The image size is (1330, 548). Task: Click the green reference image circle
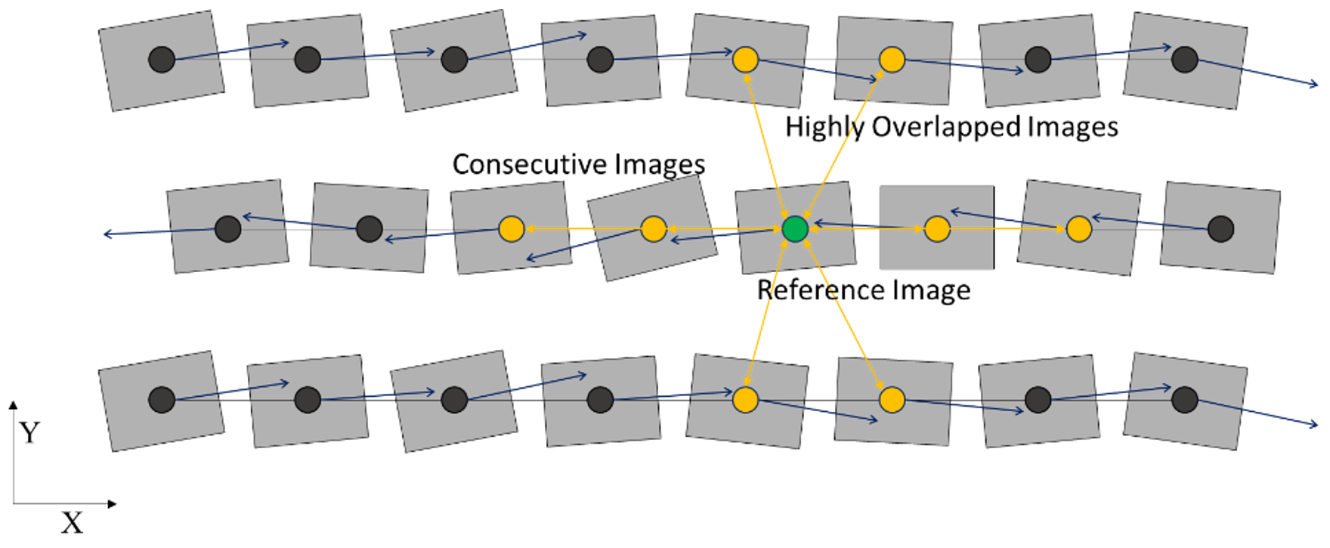[x=795, y=229]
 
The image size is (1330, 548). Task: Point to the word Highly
[x=824, y=126]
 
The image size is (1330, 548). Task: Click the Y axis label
[x=29, y=433]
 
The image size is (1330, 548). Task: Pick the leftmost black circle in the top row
[x=162, y=59]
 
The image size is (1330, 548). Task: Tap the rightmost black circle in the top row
[x=1184, y=59]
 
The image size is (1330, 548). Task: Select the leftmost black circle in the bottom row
[x=162, y=399]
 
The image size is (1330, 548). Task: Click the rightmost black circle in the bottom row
[x=1184, y=399]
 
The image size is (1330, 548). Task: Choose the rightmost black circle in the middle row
[x=1220, y=229]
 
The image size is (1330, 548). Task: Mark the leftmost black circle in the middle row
[x=227, y=229]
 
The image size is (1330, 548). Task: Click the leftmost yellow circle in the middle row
[x=512, y=229]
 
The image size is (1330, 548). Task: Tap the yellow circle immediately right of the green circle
[x=937, y=229]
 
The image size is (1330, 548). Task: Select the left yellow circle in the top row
[x=745, y=59]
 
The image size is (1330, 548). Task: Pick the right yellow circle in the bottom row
[x=892, y=399]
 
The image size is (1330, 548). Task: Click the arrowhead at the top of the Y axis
[x=13, y=405]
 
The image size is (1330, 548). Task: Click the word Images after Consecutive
[x=659, y=164]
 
